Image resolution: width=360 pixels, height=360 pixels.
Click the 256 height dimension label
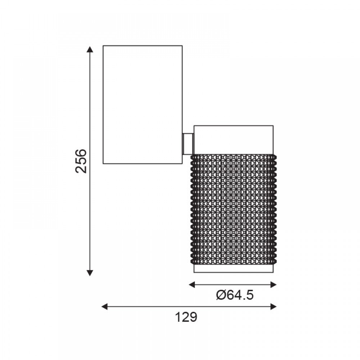click(81, 161)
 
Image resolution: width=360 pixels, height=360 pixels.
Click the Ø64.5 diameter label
click(235, 295)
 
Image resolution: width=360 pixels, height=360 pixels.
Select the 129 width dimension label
click(186, 317)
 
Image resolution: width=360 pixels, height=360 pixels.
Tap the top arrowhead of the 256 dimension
click(90, 49)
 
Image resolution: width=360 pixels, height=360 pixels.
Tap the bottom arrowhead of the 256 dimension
click(90, 273)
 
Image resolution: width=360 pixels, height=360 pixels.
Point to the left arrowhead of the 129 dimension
click(104, 306)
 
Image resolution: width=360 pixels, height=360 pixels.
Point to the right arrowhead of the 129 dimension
click(273, 306)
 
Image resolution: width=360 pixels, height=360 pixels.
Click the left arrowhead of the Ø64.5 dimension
click(192, 285)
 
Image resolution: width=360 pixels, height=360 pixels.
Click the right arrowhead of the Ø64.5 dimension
click(273, 285)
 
